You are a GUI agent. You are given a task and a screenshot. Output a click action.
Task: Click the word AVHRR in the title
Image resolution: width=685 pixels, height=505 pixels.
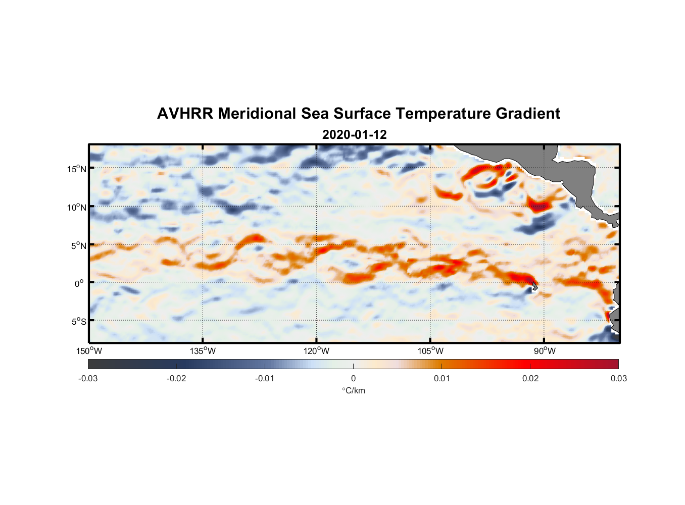[x=185, y=114]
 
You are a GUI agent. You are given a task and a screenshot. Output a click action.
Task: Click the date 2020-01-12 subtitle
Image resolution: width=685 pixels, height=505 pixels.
[x=354, y=135]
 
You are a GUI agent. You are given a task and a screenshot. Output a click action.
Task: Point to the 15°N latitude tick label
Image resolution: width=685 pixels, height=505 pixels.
[x=77, y=169]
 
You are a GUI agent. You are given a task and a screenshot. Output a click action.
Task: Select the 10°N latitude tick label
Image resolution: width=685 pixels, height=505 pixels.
[x=77, y=207]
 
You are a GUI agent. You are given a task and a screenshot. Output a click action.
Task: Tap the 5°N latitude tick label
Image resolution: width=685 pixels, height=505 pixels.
[x=78, y=245]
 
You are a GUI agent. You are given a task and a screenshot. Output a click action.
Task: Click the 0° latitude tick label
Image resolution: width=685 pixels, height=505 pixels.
[x=79, y=284]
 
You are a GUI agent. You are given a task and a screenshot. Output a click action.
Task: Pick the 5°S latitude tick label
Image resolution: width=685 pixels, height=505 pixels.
[x=78, y=322]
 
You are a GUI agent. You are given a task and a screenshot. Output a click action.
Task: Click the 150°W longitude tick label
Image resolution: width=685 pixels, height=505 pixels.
[x=89, y=351]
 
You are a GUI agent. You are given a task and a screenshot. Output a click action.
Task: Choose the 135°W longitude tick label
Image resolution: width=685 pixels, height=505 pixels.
[x=203, y=351]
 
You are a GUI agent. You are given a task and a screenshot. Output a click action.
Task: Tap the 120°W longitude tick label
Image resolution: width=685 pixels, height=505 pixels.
[x=316, y=351]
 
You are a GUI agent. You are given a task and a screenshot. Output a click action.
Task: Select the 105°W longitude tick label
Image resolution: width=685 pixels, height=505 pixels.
[x=430, y=351]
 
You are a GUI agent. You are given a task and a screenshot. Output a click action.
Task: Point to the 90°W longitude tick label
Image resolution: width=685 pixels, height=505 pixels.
[x=544, y=351]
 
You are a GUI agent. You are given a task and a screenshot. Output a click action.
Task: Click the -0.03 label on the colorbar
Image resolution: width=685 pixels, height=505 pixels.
[x=88, y=378]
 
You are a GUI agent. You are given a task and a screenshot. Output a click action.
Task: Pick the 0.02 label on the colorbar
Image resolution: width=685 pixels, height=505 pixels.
[x=530, y=378]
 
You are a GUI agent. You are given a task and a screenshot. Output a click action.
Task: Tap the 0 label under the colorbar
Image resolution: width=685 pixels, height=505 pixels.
[x=353, y=378]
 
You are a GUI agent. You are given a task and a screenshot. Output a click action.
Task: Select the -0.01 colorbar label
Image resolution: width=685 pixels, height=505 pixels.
[x=265, y=378]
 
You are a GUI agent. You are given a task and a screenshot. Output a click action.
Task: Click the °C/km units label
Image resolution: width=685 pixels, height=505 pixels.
[x=353, y=390]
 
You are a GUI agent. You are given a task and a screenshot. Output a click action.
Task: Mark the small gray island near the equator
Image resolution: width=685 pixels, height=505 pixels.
[x=534, y=287]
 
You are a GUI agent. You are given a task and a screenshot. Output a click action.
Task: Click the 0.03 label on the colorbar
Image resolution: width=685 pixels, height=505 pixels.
[x=618, y=378]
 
